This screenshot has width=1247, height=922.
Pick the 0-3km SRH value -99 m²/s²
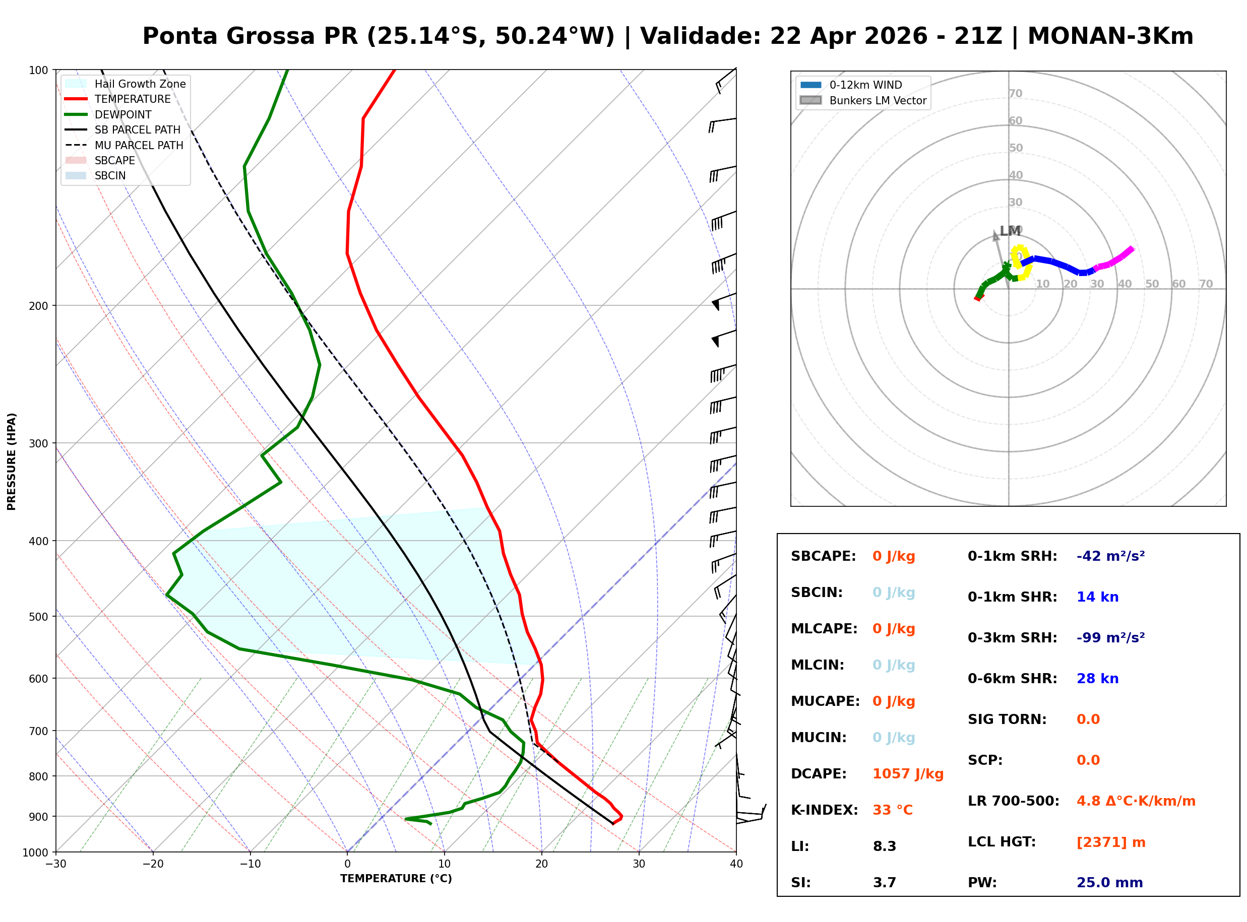click(x=1110, y=638)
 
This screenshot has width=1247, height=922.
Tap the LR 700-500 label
click(x=1013, y=802)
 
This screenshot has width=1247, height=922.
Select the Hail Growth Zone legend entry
click(x=140, y=84)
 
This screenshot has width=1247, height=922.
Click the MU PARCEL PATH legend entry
click(x=139, y=145)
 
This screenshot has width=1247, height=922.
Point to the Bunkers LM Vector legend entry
click(x=878, y=100)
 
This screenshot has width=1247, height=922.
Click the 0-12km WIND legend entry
click(x=865, y=85)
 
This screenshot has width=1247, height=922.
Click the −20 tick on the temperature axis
click(x=153, y=864)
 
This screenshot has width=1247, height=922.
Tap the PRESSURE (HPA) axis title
click(x=12, y=462)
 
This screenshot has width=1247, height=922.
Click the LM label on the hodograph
click(x=1010, y=231)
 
